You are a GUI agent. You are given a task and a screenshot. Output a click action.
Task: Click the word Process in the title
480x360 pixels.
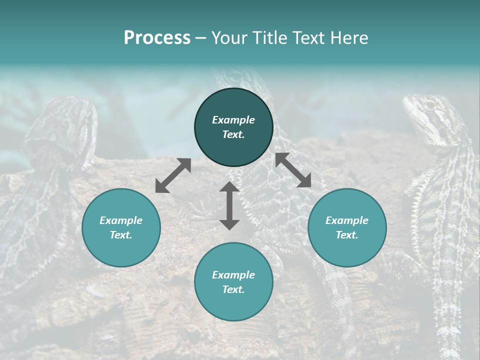point(157,38)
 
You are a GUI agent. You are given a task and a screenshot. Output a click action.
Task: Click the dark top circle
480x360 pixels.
point(233,127)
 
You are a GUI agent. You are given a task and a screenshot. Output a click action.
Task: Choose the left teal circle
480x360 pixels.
point(121,227)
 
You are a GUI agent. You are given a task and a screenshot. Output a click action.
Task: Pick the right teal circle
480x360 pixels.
point(347,227)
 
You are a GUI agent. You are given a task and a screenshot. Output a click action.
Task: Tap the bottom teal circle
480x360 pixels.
point(233,282)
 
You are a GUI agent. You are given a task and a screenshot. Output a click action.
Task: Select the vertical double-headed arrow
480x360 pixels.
point(229,205)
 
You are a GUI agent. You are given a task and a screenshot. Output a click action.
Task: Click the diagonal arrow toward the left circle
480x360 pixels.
point(173,175)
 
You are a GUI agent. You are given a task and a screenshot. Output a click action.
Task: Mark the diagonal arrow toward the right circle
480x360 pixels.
point(293,170)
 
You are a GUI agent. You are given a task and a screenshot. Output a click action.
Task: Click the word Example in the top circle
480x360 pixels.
point(233,120)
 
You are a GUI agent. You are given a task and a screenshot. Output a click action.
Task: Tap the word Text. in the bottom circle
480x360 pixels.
point(233,289)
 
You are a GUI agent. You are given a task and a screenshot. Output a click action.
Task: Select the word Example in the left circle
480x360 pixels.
point(121,220)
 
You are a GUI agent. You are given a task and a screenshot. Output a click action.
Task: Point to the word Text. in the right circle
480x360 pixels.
point(347,235)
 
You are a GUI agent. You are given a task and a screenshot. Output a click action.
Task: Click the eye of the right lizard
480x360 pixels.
point(429,106)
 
